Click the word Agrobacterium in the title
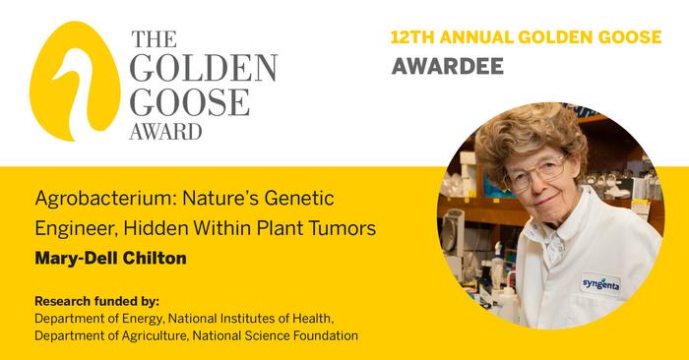94,199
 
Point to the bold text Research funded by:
96,301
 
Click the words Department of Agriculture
110,336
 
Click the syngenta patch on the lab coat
601,282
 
